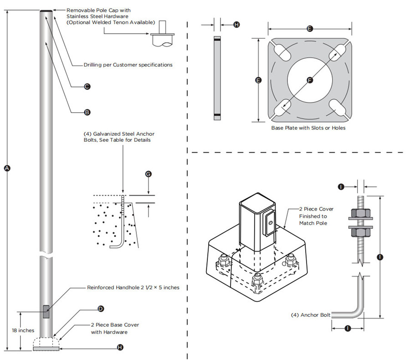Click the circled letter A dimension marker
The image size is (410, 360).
(x=7, y=168)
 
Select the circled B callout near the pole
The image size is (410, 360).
(x=87, y=112)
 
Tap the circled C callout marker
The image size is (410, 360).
(x=87, y=86)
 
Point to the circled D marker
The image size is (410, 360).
(x=101, y=309)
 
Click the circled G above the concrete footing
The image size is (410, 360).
(x=148, y=174)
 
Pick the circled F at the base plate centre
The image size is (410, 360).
(x=310, y=80)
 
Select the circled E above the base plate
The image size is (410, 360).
(x=310, y=29)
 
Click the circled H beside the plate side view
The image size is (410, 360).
(x=236, y=25)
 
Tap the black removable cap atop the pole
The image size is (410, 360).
(x=46, y=11)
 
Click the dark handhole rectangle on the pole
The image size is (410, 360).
(x=46, y=312)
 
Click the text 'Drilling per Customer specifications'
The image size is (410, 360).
(x=128, y=65)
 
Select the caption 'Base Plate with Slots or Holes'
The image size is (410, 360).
(x=308, y=128)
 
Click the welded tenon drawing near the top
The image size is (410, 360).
(x=163, y=38)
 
